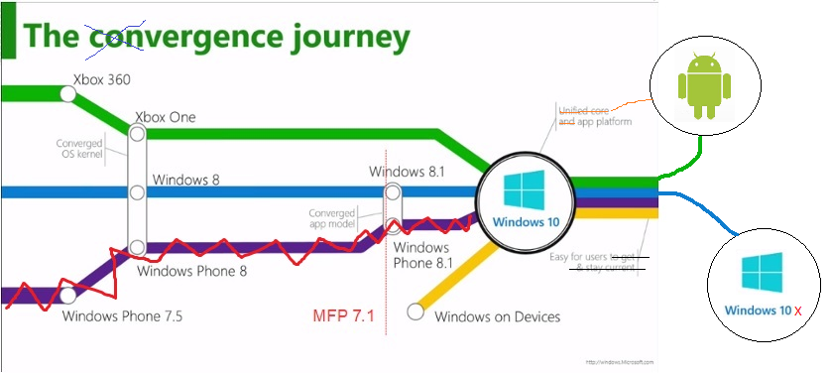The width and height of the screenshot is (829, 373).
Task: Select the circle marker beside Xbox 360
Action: pos(68,93)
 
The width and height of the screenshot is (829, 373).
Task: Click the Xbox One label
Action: pos(165,117)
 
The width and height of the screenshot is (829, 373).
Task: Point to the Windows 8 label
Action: pos(185,181)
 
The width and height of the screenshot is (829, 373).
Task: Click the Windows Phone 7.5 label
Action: pos(122,317)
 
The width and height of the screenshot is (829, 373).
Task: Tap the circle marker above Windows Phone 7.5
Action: pos(67,295)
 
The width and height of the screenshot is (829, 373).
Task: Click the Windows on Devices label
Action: pos(498,316)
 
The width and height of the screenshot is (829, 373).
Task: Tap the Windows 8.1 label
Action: pos(407,172)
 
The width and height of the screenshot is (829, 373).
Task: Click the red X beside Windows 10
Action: pos(797,311)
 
